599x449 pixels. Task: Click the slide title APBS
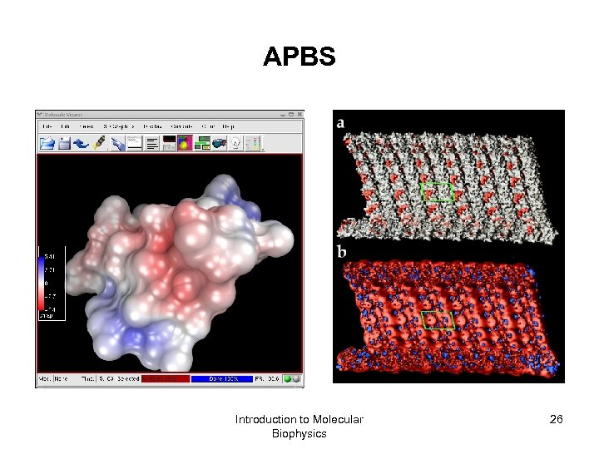point(299,57)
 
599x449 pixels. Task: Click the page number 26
point(556,419)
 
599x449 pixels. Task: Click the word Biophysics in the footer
point(299,433)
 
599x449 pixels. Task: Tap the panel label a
point(341,123)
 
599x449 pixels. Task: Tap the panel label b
point(342,251)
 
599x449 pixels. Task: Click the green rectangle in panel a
point(438,192)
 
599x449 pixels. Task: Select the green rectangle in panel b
point(438,319)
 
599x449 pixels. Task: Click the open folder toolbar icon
point(47,143)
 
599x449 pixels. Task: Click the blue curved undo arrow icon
point(81,143)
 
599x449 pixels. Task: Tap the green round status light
point(288,378)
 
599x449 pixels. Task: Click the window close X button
point(299,115)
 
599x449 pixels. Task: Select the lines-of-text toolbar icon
point(152,143)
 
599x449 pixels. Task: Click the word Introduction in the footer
point(267,419)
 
